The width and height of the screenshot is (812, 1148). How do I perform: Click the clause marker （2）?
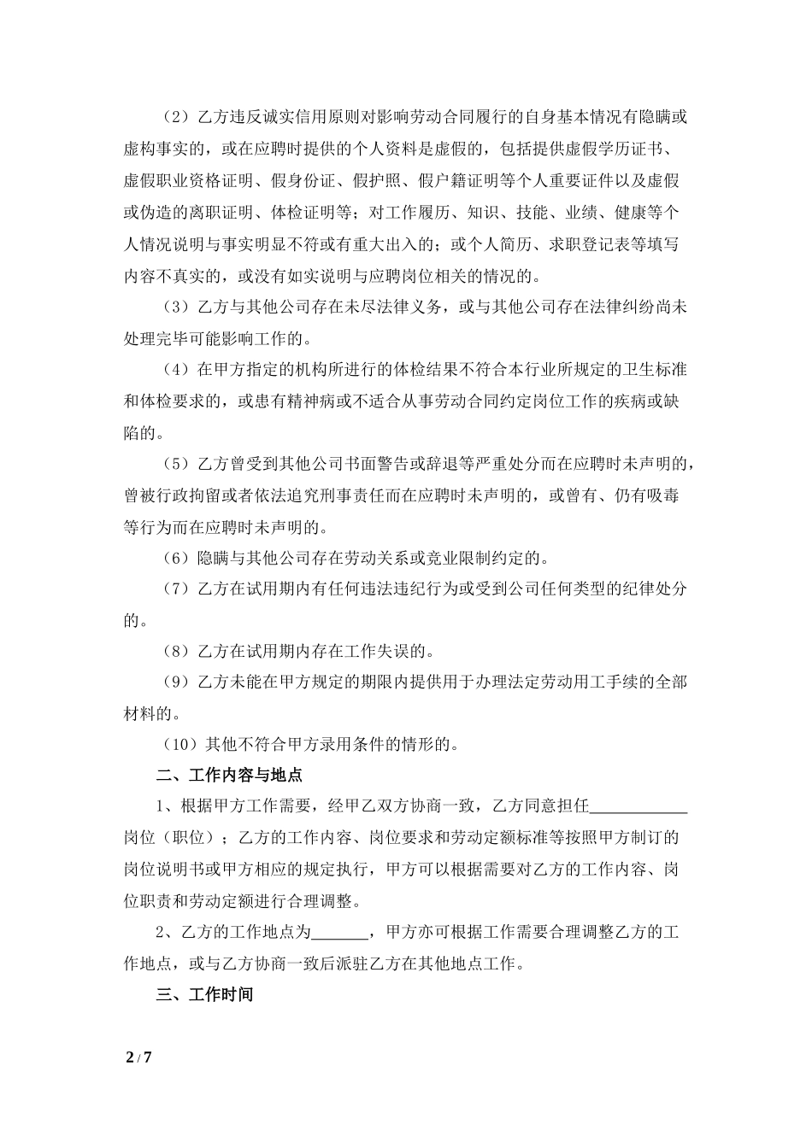click(176, 116)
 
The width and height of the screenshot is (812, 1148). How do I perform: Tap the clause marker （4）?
click(176, 369)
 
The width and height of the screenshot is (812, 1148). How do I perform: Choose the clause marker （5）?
click(176, 464)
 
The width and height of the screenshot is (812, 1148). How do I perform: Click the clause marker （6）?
click(176, 559)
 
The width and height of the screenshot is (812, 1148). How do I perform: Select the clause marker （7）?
click(176, 589)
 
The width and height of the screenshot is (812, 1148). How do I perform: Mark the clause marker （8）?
click(176, 652)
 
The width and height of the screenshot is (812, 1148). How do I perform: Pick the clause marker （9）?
click(176, 682)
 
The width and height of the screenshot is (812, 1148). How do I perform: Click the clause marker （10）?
click(180, 744)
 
